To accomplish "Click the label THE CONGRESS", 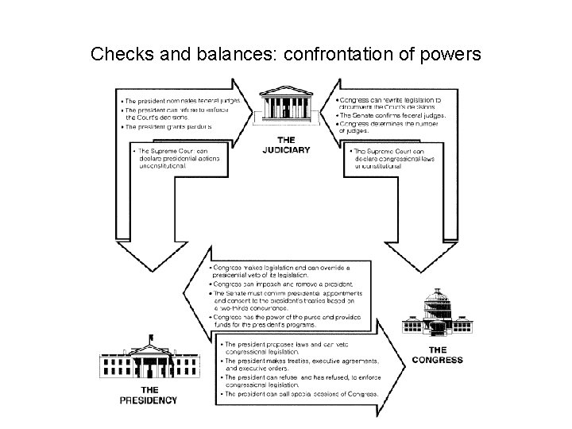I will click(437, 354).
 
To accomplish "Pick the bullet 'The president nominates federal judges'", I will click(178, 101).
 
